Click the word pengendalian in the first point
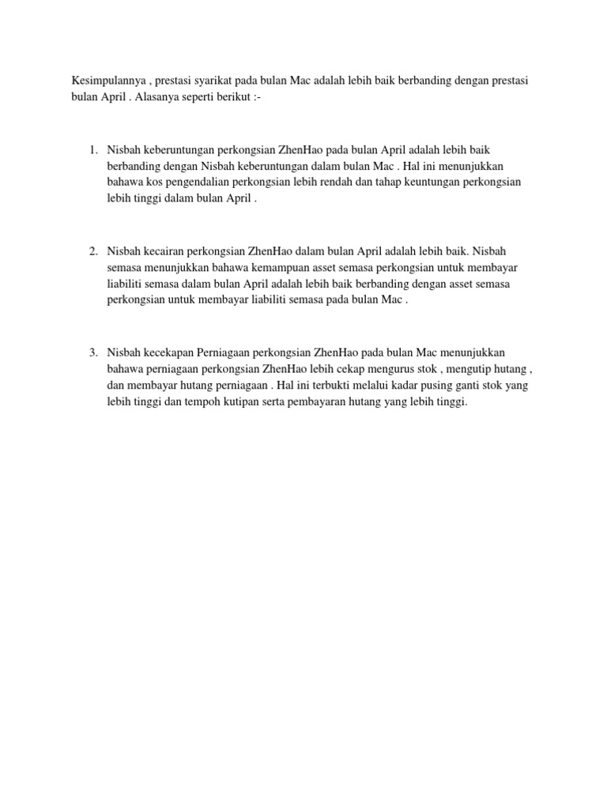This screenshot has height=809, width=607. pos(204,182)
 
